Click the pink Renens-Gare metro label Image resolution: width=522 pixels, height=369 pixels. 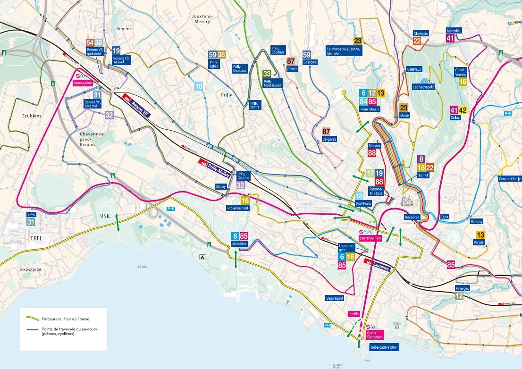[82, 83]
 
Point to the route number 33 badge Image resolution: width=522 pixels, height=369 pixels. [267, 74]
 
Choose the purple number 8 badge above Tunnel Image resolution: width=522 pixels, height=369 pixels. [421, 159]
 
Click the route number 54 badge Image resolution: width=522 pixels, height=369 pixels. [90, 43]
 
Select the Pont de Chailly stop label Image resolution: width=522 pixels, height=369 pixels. [510, 179]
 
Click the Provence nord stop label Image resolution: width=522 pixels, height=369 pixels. [238, 208]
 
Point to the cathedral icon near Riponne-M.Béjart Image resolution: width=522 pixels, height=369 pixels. [407, 201]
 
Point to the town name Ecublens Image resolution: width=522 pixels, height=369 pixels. [31, 116]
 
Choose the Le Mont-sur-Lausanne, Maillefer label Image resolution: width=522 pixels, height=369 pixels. [344, 51]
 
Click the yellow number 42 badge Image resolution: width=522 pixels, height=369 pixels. [463, 110]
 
